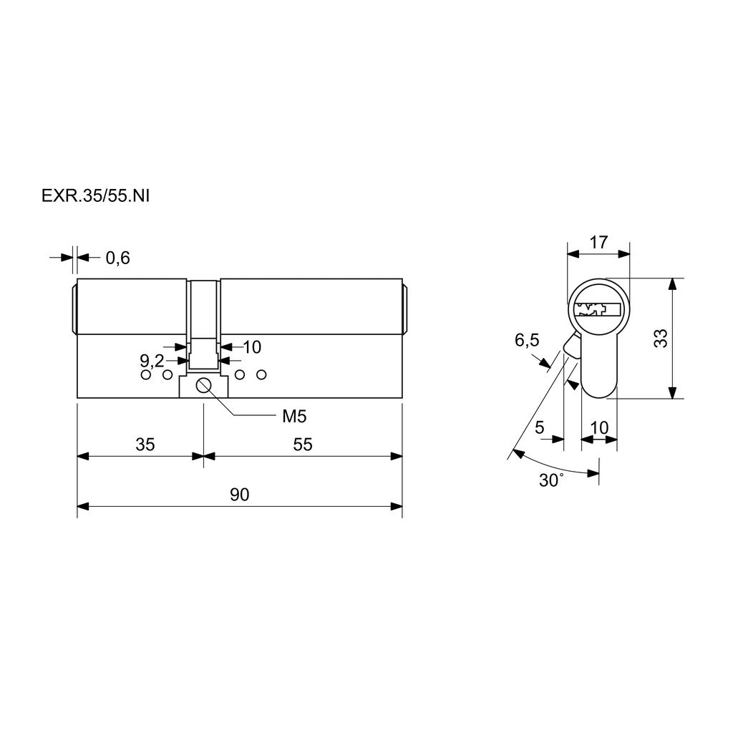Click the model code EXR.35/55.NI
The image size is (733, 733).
pos(95,196)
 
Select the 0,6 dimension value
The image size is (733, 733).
pos(118,258)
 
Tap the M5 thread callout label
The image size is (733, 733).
pos(294,416)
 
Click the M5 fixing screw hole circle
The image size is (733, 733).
pos(204,386)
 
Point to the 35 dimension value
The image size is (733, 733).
pos(145,444)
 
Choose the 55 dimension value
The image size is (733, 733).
pos(303,444)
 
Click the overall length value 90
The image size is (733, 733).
pos(239,495)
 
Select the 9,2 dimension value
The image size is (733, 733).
pos(152,361)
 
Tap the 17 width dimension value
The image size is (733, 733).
pos(598,243)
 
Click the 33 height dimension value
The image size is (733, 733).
pos(661,338)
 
